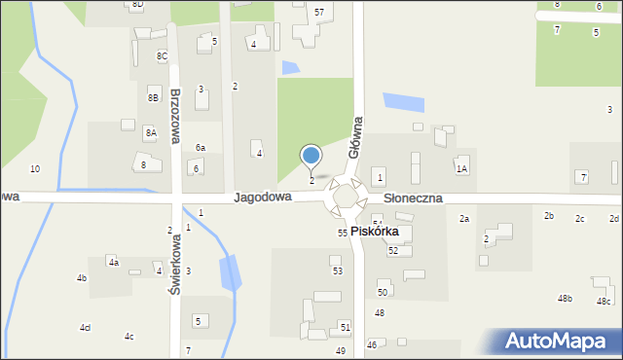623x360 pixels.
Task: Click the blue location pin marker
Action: (311, 156)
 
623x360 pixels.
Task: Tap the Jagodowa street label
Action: (263, 197)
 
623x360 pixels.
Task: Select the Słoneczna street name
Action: (413, 198)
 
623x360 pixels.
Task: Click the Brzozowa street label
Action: (175, 117)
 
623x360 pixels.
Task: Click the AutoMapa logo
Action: (560, 342)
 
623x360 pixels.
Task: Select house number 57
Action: (319, 11)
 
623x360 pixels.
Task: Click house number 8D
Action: (137, 5)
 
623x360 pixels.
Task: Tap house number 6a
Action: (200, 148)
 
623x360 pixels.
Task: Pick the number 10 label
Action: (35, 169)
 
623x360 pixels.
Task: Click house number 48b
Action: (565, 298)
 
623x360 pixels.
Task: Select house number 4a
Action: (113, 262)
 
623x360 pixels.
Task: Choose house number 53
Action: (337, 270)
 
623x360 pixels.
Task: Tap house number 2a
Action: (464, 219)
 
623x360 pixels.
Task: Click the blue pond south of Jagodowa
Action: (230, 273)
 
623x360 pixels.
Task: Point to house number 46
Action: (371, 344)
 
